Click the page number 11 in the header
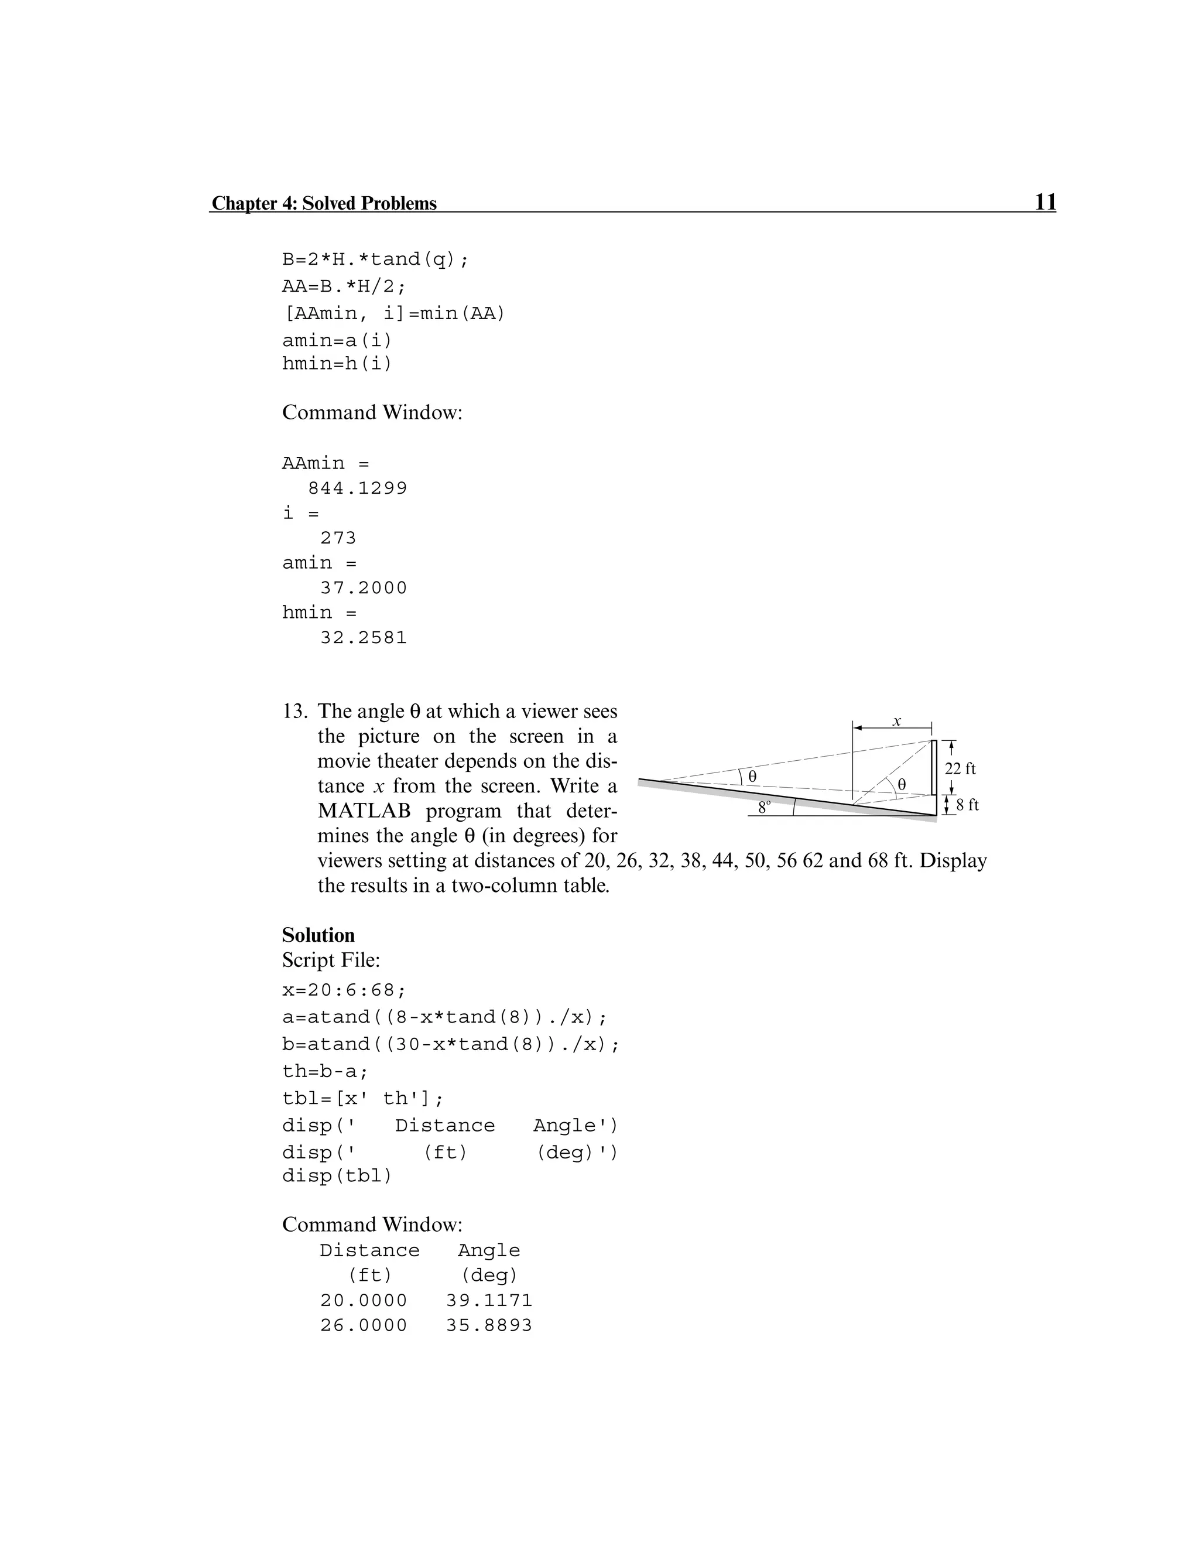tap(1045, 202)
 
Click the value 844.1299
tap(357, 488)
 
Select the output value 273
tap(338, 538)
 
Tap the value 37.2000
tap(364, 587)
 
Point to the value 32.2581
tap(364, 637)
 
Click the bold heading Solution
tap(318, 935)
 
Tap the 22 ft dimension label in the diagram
tap(960, 768)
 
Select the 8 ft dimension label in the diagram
tap(967, 805)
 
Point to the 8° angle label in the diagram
tap(764, 807)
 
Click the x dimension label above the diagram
tap(896, 720)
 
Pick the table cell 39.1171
tap(489, 1300)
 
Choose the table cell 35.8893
tap(489, 1325)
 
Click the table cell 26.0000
tap(364, 1325)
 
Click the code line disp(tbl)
tap(337, 1176)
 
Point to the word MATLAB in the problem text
tap(363, 811)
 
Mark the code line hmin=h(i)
tap(337, 364)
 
